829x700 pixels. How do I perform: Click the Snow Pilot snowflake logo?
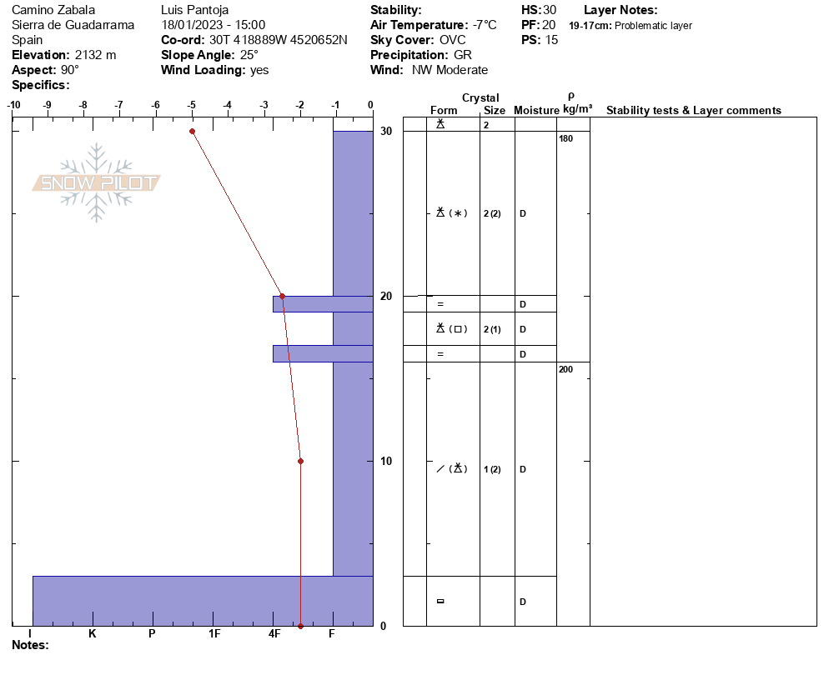click(x=96, y=182)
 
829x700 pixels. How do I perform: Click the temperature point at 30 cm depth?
click(x=193, y=131)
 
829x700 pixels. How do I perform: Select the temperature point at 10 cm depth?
click(x=301, y=461)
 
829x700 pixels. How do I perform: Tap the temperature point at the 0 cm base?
click(x=301, y=626)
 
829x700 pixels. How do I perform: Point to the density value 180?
click(x=565, y=138)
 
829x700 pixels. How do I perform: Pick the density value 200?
click(x=565, y=369)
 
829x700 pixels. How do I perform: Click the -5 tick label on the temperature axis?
click(x=191, y=105)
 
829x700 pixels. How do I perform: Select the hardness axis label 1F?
click(x=214, y=633)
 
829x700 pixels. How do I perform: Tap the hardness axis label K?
click(x=92, y=633)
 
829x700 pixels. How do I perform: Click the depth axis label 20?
click(x=386, y=297)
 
